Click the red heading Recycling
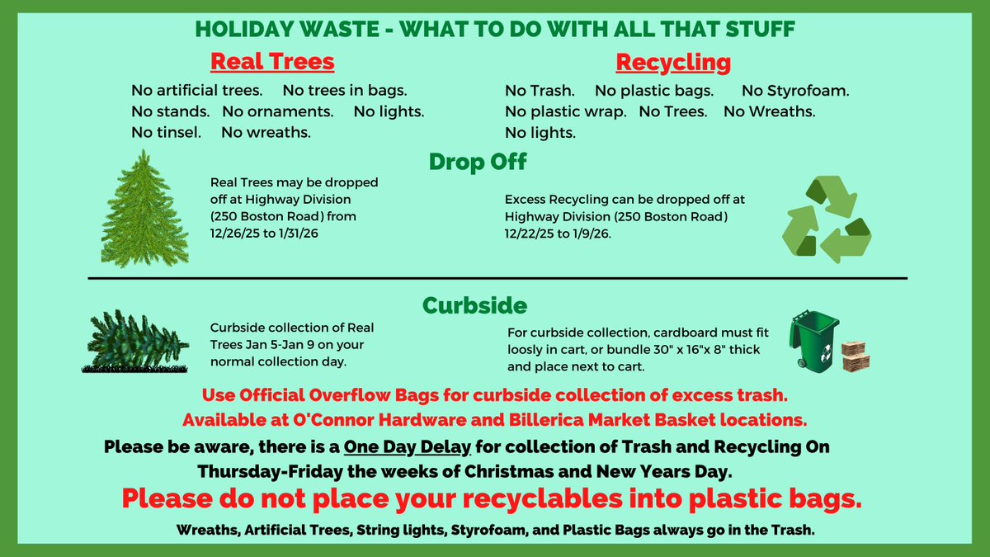point(672,62)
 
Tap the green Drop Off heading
point(478,162)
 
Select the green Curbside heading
point(474,305)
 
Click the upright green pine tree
point(144,210)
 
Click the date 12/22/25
point(536,233)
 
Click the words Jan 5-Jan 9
point(292,344)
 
